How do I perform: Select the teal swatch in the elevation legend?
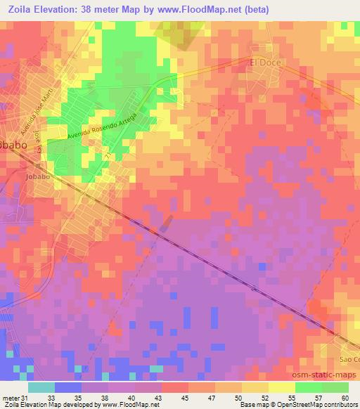41,388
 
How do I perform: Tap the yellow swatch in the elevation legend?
281,388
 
